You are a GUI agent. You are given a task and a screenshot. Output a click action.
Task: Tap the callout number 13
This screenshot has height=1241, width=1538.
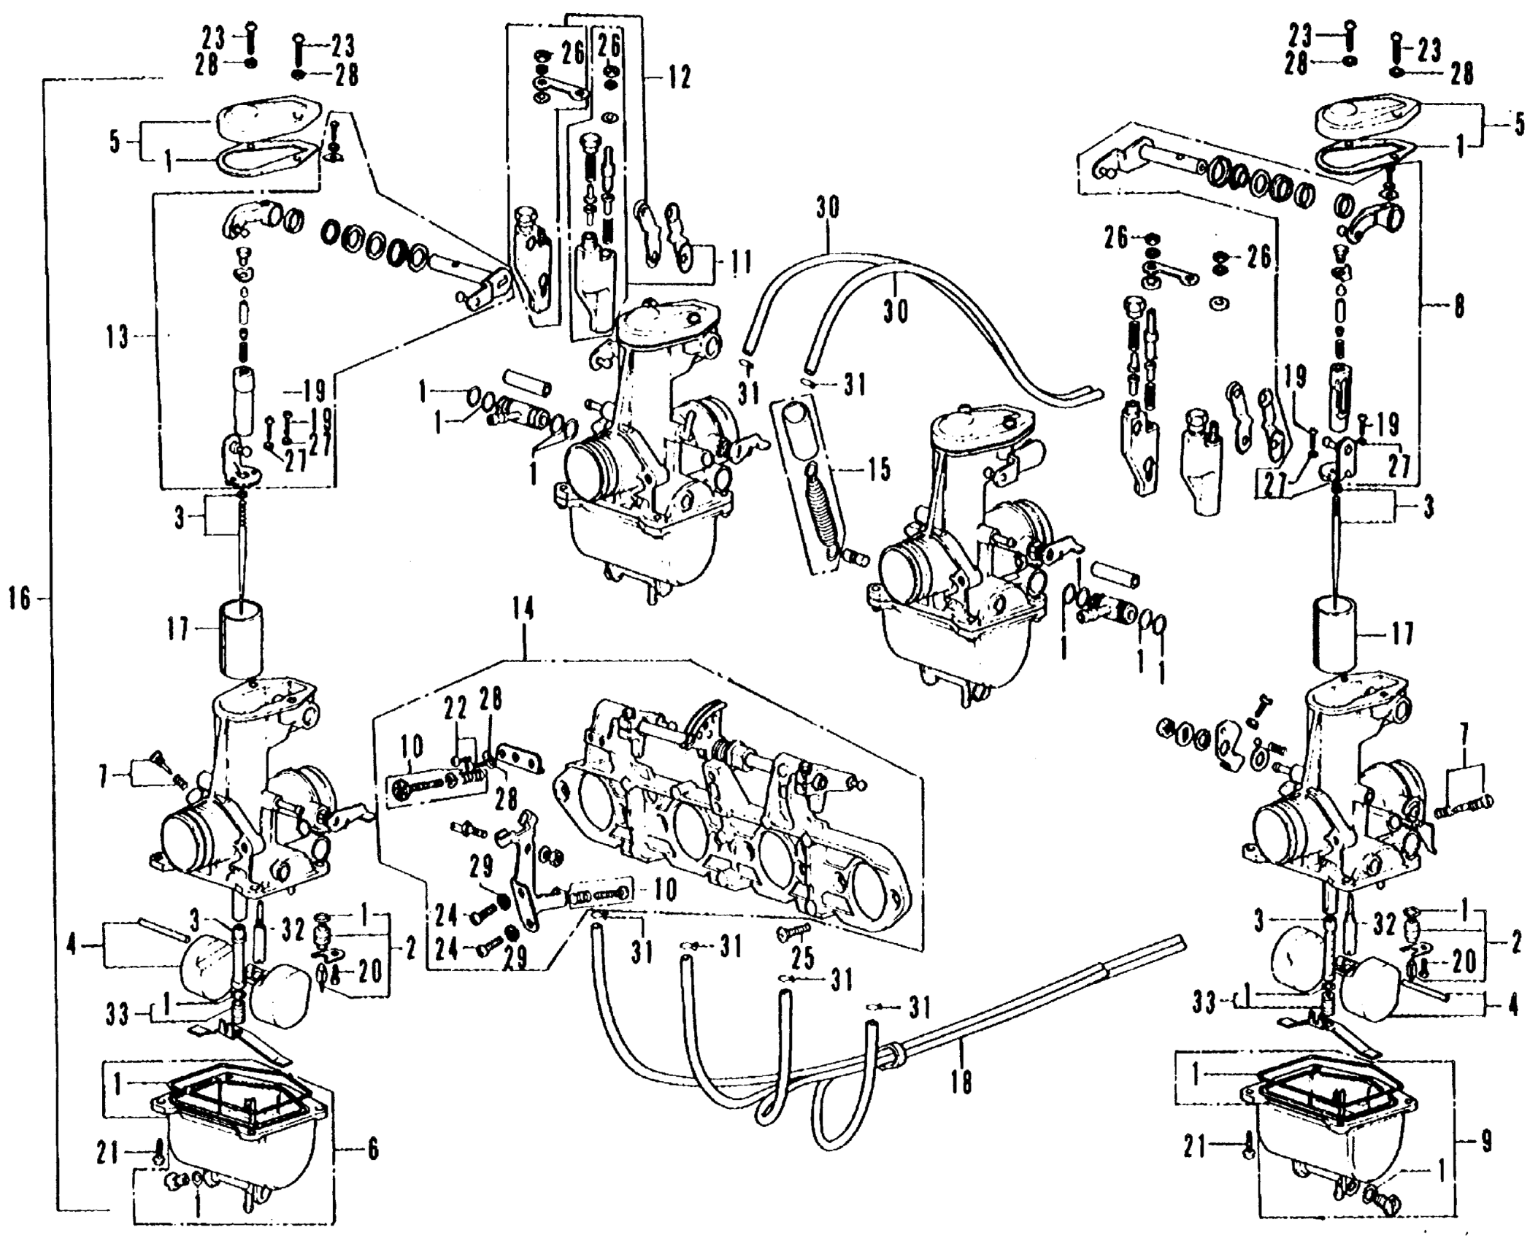117,338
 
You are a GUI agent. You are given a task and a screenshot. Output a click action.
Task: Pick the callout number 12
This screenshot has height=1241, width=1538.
678,77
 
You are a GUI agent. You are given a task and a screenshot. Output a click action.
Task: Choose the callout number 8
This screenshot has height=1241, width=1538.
1458,307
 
